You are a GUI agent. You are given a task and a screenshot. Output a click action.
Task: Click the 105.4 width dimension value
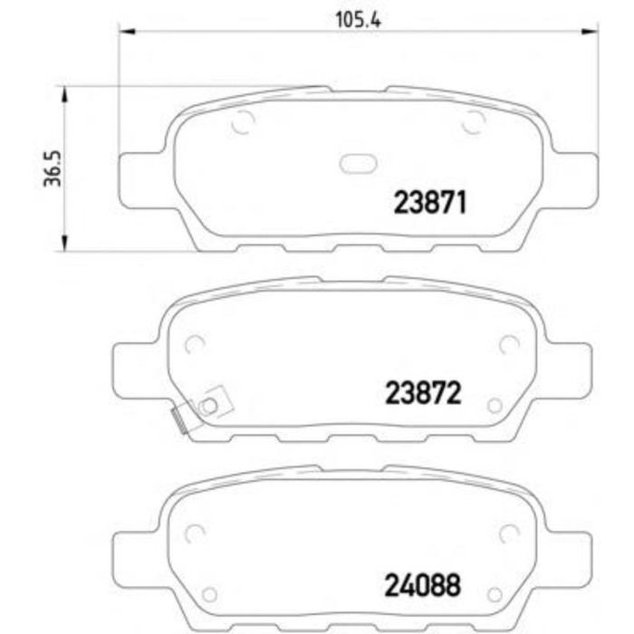(358, 19)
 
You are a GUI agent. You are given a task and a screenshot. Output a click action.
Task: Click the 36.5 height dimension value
(53, 168)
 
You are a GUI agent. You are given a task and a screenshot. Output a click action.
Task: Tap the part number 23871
(430, 202)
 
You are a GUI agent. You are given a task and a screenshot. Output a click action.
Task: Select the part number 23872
(423, 393)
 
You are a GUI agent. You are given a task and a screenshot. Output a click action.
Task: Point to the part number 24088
(423, 585)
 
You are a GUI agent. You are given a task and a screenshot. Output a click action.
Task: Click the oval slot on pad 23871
(359, 164)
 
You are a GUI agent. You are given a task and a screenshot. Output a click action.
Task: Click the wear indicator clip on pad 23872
(202, 408)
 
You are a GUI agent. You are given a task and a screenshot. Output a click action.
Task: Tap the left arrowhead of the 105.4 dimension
(128, 31)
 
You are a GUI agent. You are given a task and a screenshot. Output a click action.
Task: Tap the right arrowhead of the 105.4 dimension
(589, 31)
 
